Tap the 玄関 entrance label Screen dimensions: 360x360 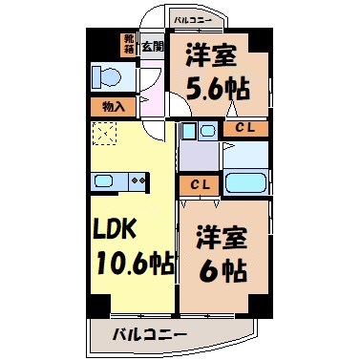[151, 46]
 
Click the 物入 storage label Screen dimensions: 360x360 [107, 106]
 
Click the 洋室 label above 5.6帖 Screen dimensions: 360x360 [211, 54]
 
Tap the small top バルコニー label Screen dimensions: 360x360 [195, 18]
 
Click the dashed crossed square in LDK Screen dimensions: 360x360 [103, 133]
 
